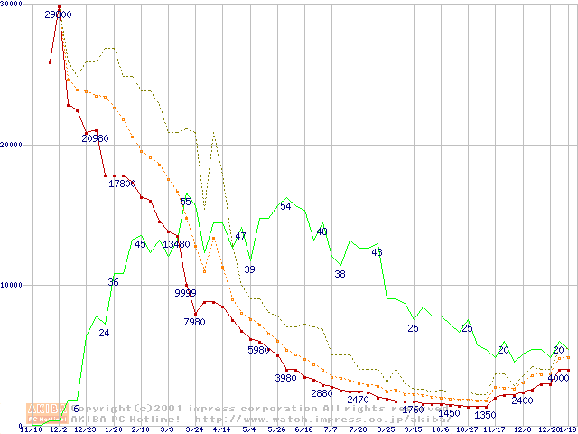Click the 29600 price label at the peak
59,15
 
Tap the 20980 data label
96,138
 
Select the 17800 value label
122,184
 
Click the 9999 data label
185,292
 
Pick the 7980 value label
194,322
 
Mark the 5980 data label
259,349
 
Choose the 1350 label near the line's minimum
485,414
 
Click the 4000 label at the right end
558,378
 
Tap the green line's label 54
285,206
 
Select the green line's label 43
377,252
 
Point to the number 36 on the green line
113,282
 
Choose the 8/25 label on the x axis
386,430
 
